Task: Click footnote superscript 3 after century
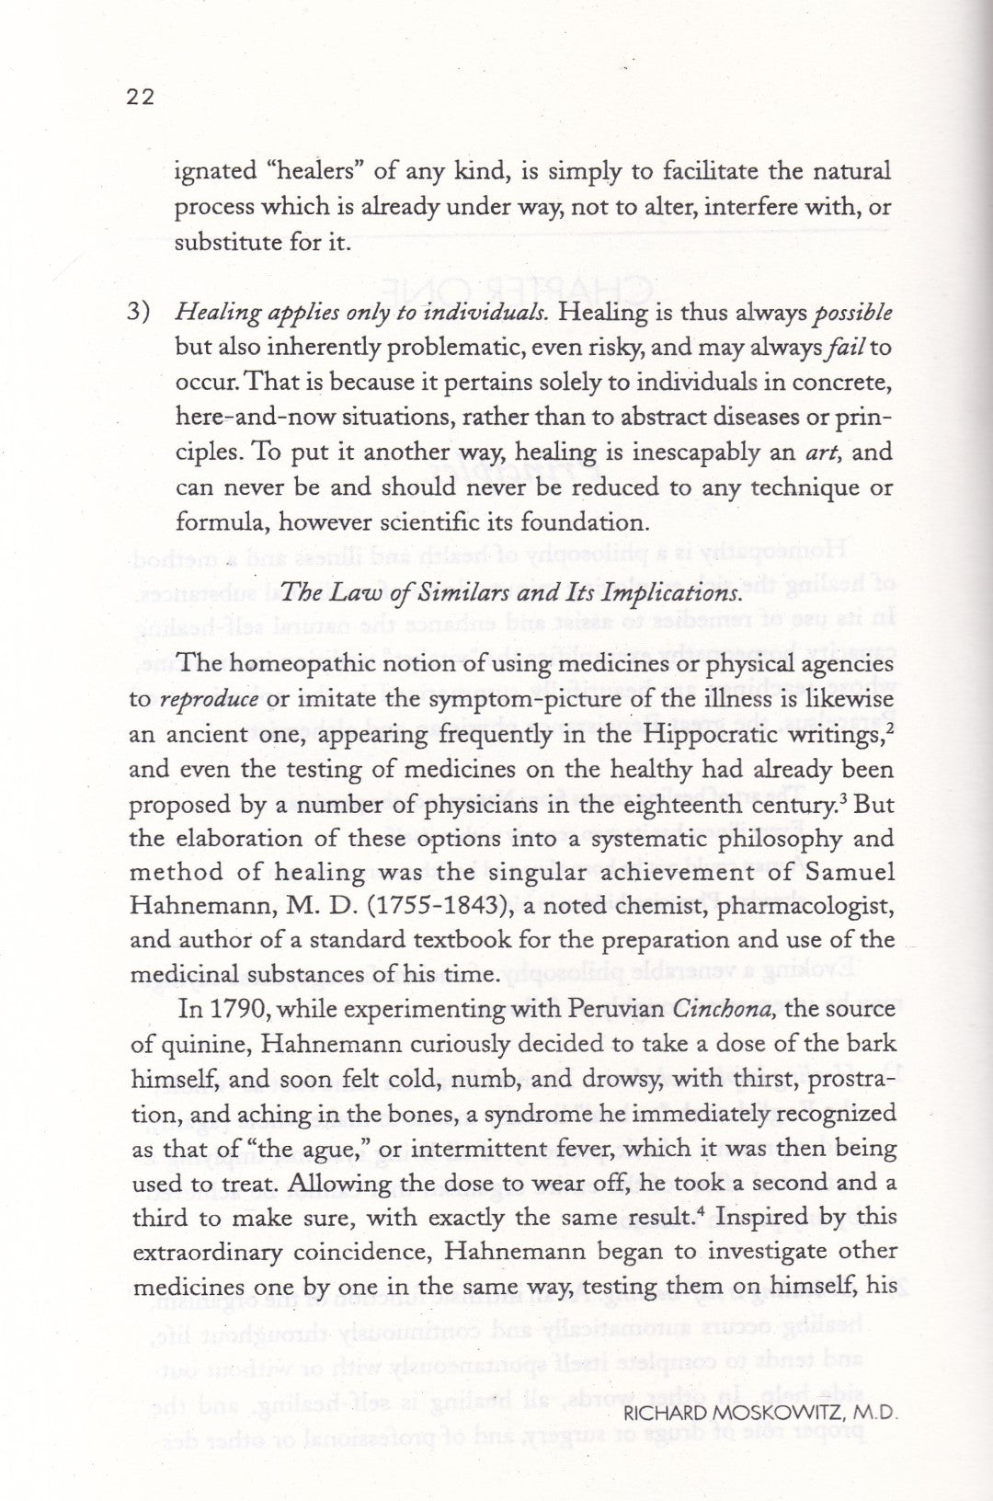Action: pyautogui.click(x=830, y=796)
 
